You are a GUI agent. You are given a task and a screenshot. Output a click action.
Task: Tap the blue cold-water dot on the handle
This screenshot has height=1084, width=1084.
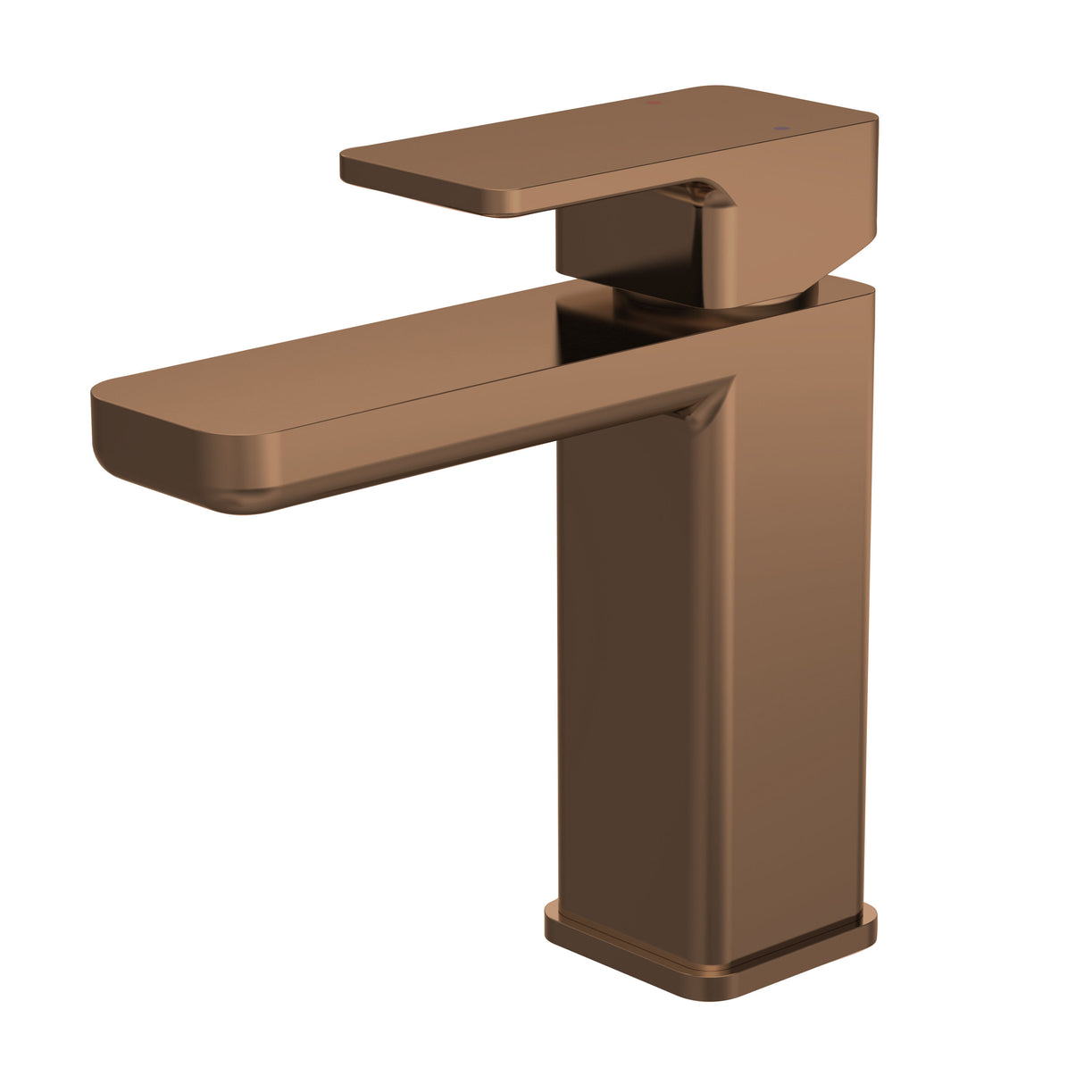pos(784,129)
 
